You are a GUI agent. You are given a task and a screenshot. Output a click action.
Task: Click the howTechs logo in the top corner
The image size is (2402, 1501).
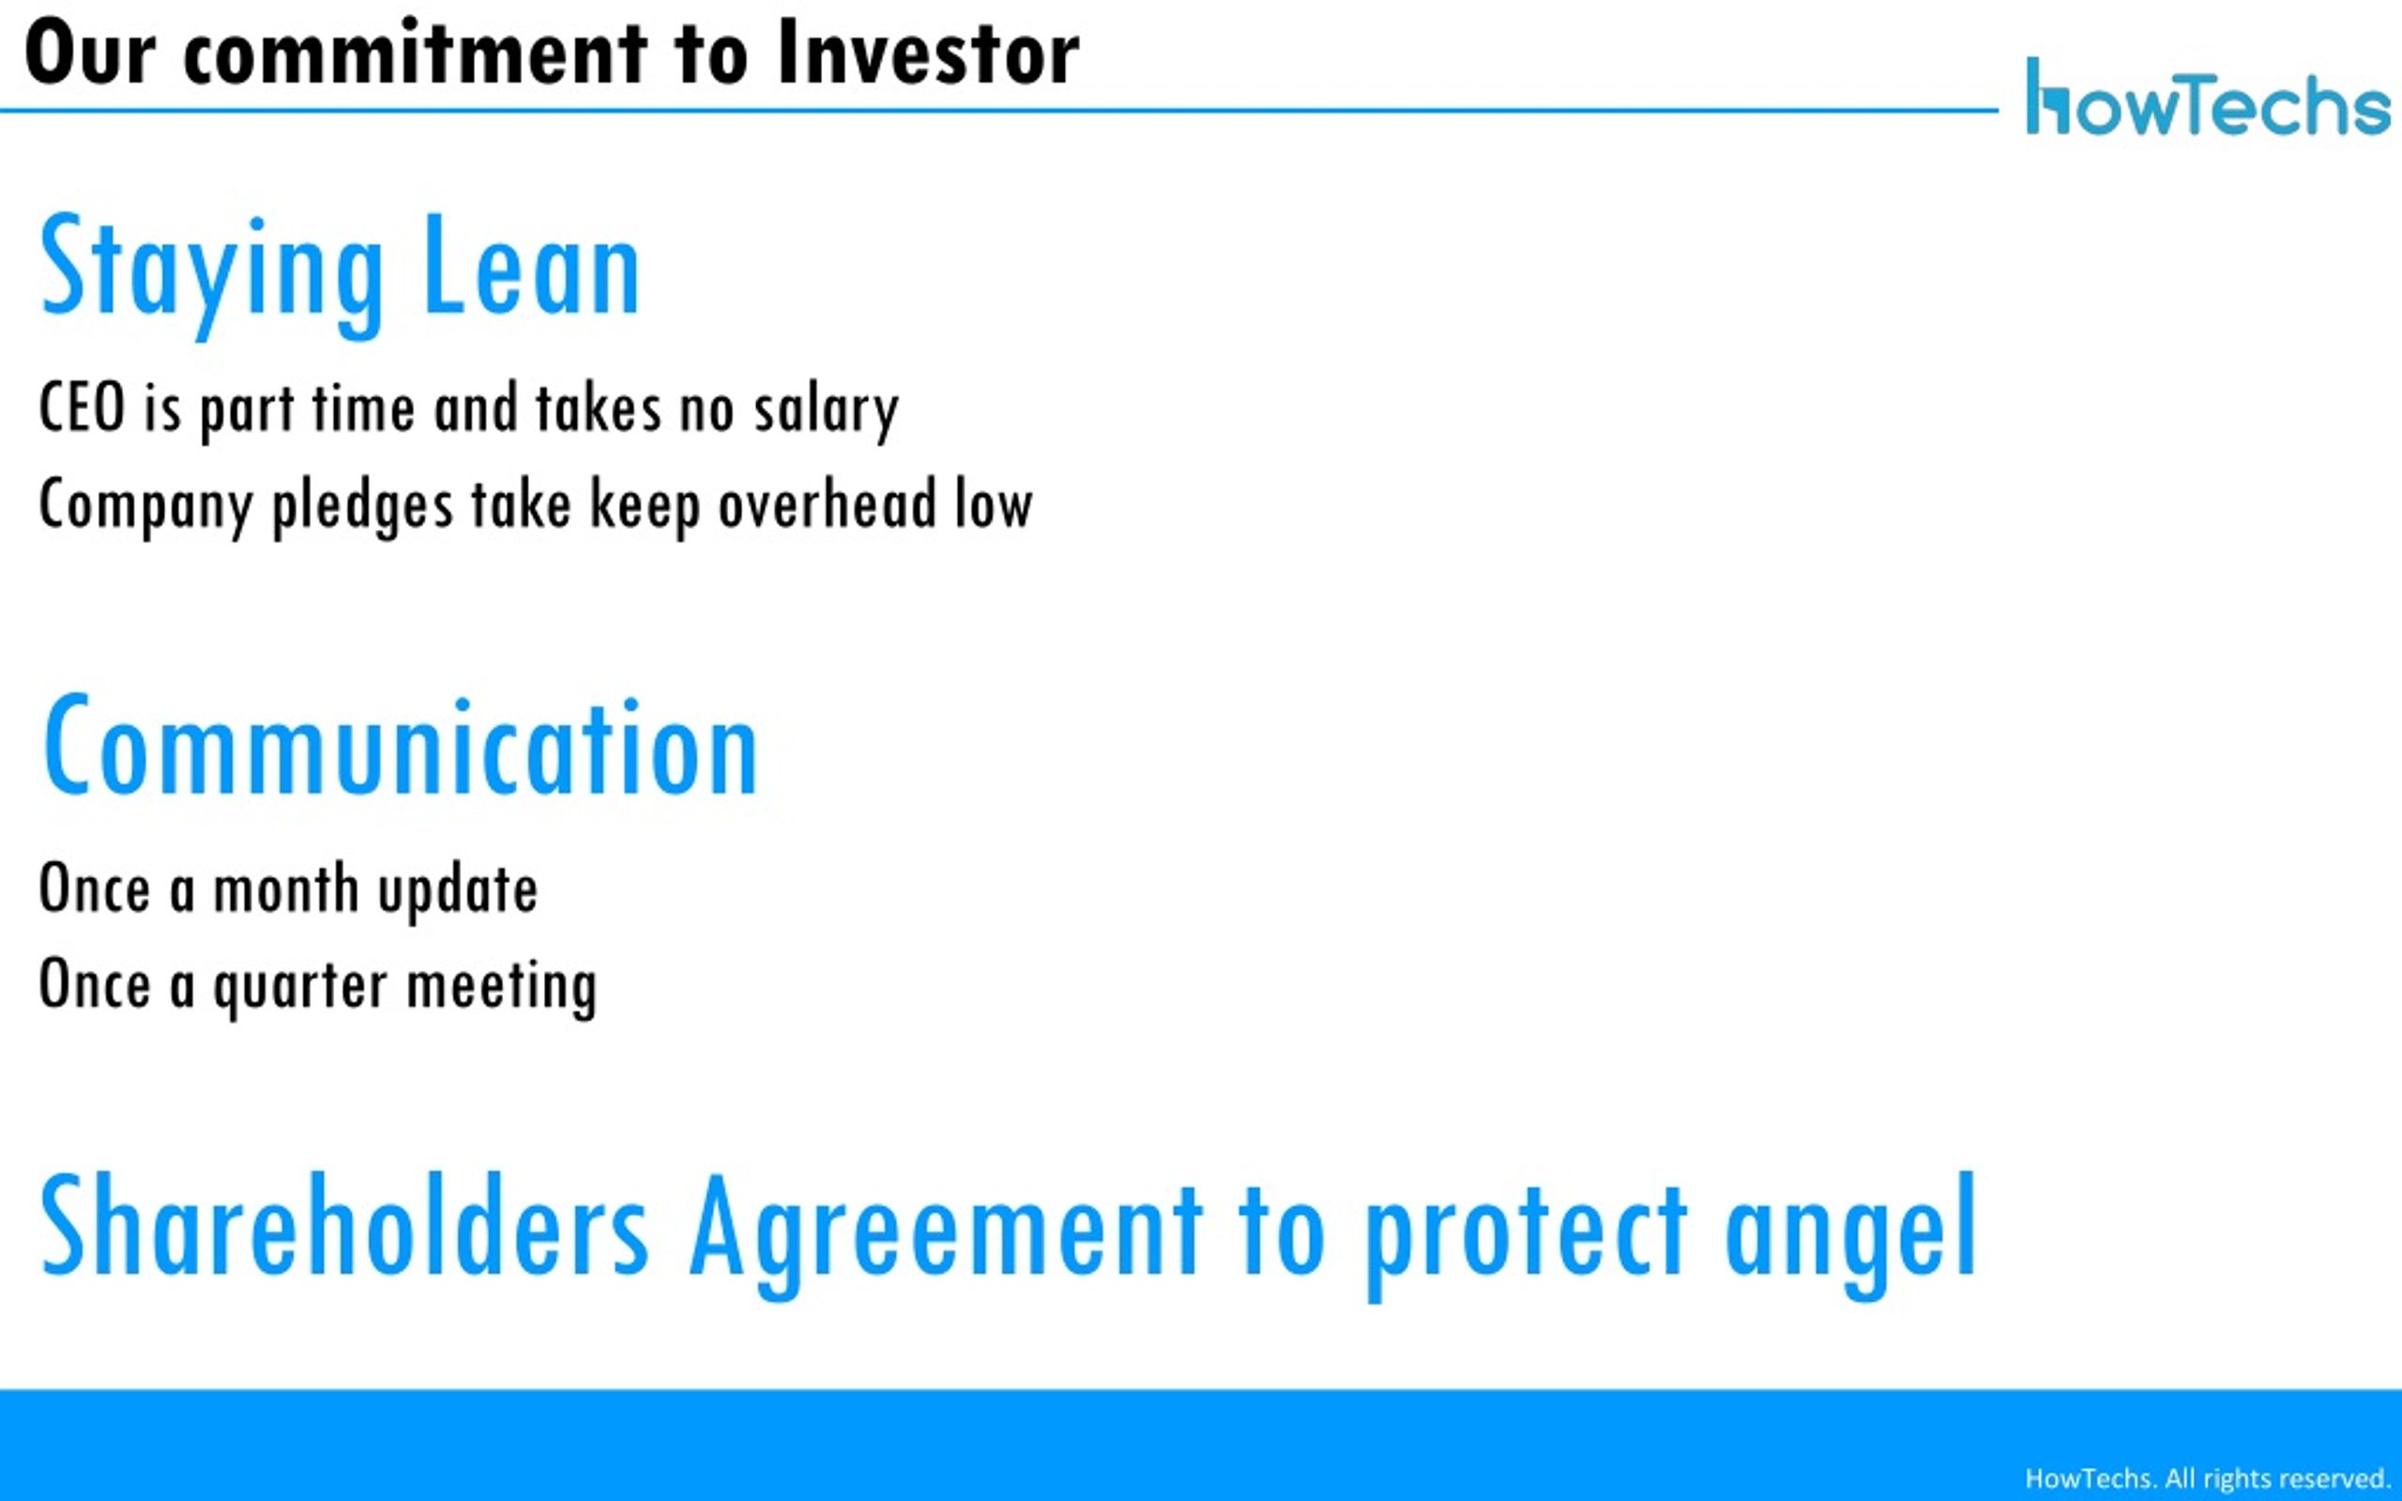coord(2208,97)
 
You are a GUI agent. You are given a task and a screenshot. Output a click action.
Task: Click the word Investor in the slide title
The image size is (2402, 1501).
coord(929,53)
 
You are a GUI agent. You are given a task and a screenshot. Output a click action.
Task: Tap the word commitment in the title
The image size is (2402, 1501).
coord(416,53)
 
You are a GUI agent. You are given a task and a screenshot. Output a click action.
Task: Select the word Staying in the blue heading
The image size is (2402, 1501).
coord(211,272)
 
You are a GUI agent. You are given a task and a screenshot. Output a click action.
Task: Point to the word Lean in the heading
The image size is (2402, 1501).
coord(532,266)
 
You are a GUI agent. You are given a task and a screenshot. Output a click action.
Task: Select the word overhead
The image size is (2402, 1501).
coord(828,504)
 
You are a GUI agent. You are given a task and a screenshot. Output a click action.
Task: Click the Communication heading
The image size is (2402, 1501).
coord(401,746)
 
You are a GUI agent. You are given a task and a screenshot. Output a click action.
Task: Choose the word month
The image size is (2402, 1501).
coord(286,887)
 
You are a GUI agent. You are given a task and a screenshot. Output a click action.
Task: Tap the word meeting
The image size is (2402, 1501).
coord(501,987)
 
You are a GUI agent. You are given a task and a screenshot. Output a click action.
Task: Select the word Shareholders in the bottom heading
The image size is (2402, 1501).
coord(344,1224)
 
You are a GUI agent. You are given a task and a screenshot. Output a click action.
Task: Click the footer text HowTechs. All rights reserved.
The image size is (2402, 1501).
coord(2208,1478)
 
